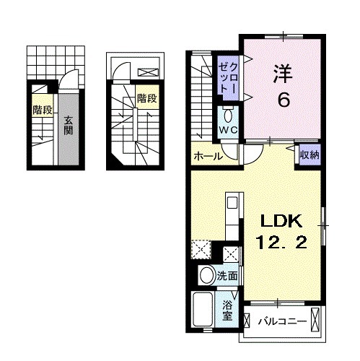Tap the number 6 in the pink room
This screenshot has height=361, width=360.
click(283, 100)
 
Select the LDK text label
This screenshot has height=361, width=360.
click(283, 221)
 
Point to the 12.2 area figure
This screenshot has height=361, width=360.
click(283, 243)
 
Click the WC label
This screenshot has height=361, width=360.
click(228, 131)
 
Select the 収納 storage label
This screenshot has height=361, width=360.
click(310, 154)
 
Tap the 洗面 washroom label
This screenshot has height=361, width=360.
click(228, 275)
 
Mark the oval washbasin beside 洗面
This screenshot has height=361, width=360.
click(206, 275)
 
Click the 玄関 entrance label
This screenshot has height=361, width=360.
click(67, 126)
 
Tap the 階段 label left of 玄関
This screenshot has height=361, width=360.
click(42, 110)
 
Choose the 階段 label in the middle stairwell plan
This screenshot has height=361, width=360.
click(146, 98)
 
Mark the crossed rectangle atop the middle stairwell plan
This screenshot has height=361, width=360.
click(148, 72)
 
